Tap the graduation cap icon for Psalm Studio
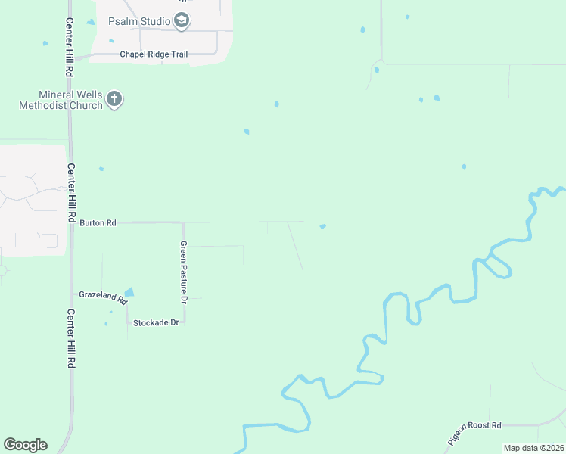182,21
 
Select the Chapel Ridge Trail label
154,54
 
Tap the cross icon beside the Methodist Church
114,99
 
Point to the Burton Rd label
98,223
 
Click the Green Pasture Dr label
184,272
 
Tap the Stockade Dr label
155,323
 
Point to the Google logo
25,445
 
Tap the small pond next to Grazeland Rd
129,292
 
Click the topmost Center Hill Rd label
69,48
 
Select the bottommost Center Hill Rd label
70,338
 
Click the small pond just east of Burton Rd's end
323,225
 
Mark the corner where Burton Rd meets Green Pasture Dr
183,222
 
